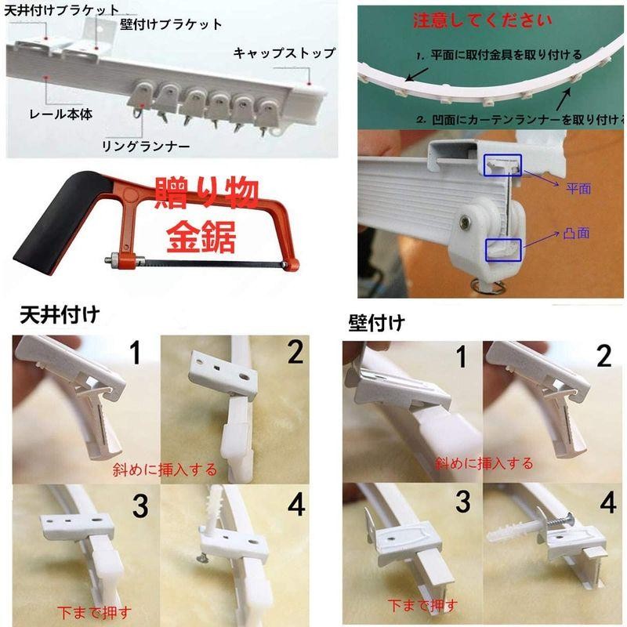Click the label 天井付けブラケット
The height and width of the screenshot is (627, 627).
(61, 10)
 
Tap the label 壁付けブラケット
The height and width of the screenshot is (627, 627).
(171, 24)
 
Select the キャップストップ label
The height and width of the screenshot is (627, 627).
(285, 53)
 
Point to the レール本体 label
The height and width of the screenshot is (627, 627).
(61, 114)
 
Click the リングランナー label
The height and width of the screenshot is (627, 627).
(146, 147)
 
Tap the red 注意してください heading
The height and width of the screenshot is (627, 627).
(482, 20)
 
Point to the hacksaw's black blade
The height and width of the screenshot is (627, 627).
(212, 263)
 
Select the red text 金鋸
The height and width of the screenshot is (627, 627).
(201, 237)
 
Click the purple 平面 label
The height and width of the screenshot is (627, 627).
(578, 188)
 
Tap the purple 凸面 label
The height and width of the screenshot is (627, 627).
(576, 233)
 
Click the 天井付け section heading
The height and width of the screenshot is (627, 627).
(60, 315)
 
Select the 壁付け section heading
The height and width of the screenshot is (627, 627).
(376, 322)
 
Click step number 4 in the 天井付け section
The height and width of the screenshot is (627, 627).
(296, 505)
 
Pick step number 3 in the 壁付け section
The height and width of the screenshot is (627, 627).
(463, 502)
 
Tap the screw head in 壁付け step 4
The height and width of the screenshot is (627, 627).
(569, 520)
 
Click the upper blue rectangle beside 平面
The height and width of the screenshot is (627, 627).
(503, 165)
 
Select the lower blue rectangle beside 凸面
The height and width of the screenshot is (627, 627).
(503, 250)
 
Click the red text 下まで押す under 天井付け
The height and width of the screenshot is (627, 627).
(94, 612)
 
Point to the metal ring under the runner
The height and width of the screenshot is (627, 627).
(487, 286)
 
